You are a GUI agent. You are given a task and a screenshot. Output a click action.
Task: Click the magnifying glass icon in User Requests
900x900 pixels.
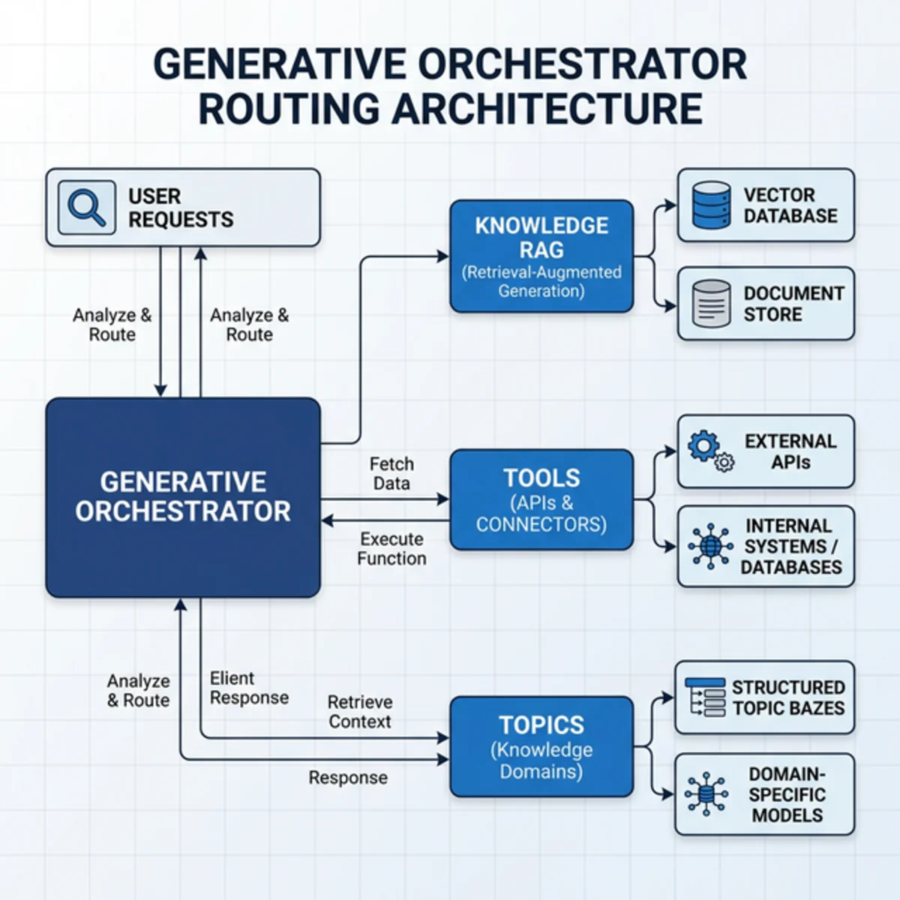pyautogui.click(x=87, y=207)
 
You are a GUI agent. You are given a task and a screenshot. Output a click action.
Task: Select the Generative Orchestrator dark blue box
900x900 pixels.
pyautogui.click(x=183, y=496)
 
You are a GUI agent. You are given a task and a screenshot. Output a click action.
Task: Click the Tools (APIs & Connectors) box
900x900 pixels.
pyautogui.click(x=541, y=499)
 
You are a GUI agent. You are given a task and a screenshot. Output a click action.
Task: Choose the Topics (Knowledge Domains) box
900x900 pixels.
pyautogui.click(x=541, y=747)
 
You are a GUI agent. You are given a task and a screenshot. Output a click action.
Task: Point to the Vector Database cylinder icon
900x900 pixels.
pyautogui.click(x=711, y=205)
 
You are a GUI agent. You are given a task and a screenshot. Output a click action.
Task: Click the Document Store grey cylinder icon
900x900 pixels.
pyautogui.click(x=711, y=304)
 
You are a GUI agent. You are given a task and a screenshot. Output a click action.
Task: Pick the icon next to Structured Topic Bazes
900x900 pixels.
pyautogui.click(x=705, y=697)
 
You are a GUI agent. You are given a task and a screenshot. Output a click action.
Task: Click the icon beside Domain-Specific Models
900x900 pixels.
pyautogui.click(x=706, y=794)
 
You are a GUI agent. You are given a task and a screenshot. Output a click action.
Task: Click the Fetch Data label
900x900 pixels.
pyautogui.click(x=391, y=474)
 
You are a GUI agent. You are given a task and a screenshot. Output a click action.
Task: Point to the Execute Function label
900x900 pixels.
pyautogui.click(x=391, y=549)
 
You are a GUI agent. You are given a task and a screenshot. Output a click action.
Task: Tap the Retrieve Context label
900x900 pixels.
pyautogui.click(x=360, y=712)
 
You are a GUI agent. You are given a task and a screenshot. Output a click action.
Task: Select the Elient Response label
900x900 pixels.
pyautogui.click(x=249, y=688)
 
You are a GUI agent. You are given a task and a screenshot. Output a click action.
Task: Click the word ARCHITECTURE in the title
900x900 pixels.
pyautogui.click(x=547, y=108)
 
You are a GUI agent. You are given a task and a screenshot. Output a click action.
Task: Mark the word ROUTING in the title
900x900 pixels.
pyautogui.click(x=289, y=108)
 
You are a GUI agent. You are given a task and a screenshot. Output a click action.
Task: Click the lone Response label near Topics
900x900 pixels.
pyautogui.click(x=348, y=778)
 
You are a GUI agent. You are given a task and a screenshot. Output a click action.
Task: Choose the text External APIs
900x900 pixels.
pyautogui.click(x=790, y=451)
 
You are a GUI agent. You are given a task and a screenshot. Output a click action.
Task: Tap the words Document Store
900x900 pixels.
pyautogui.click(x=793, y=304)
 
